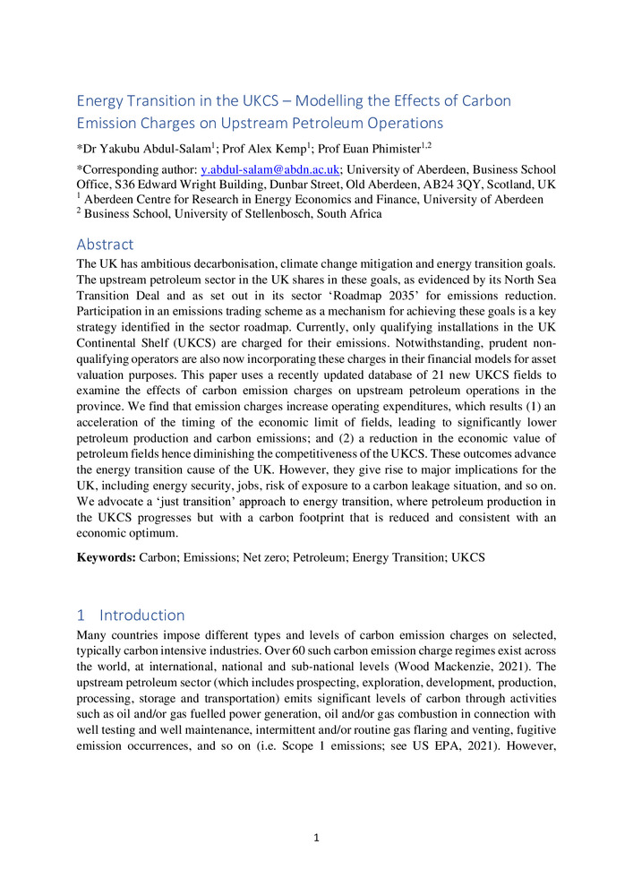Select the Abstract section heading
[105, 244]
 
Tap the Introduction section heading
[141, 615]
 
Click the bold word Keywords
[105, 557]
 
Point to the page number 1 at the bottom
[316, 838]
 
